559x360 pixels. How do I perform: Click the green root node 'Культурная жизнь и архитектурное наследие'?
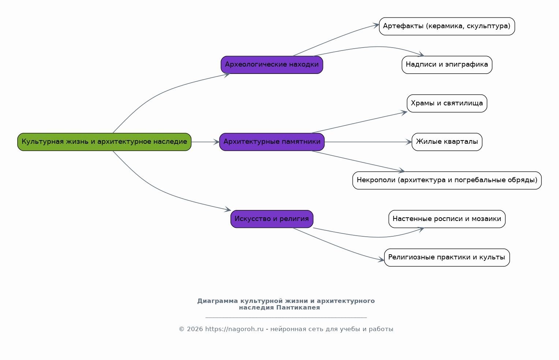[104, 142]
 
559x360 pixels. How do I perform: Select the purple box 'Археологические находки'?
[272, 65]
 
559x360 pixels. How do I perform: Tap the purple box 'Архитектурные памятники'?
[272, 142]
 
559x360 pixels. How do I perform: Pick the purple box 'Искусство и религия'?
[272, 219]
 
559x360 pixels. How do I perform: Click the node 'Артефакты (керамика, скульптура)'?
[447, 26]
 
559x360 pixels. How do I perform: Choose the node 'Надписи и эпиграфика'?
[447, 65]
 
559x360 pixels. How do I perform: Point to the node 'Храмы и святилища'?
[447, 103]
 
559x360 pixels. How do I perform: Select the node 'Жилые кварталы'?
[447, 142]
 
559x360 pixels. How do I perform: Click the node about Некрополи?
[447, 180]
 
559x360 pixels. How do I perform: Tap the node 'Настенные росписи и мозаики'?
[447, 219]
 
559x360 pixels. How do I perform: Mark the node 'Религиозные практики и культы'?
[447, 258]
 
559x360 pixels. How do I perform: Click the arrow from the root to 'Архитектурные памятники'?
[205, 142]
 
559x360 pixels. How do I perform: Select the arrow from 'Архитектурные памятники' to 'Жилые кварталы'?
[368, 142]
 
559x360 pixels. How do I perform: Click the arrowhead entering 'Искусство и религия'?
[228, 209]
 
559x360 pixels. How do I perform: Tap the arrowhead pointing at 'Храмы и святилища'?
[404, 113]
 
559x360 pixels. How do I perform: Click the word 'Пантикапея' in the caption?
[298, 308]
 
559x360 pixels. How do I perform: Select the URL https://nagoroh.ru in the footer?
[235, 329]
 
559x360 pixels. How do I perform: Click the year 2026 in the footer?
[195, 329]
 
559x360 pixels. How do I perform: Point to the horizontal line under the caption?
[286, 318]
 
